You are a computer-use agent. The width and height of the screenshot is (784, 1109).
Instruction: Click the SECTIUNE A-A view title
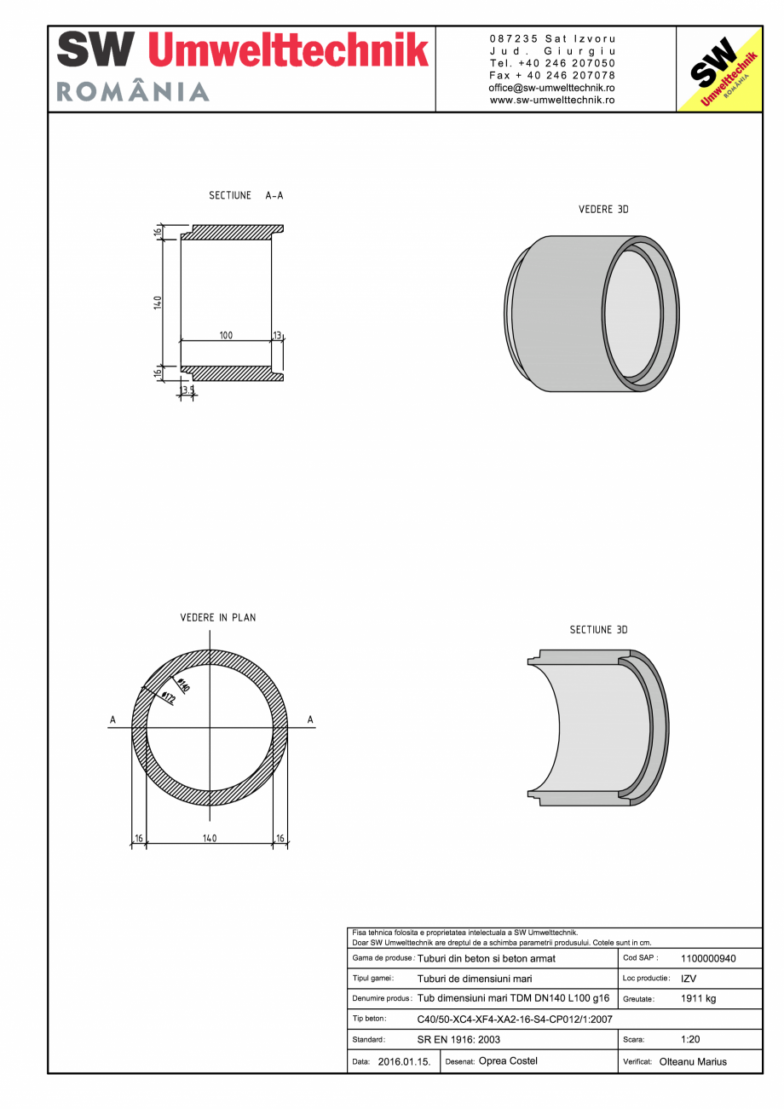(x=245, y=196)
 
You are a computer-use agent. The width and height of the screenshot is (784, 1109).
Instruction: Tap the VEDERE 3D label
(x=603, y=209)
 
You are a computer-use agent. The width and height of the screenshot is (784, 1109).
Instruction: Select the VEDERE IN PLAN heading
(x=217, y=617)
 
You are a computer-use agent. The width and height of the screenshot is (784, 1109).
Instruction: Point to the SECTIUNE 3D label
(x=598, y=630)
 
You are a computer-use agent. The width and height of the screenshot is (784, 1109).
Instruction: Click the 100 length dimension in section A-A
(x=226, y=336)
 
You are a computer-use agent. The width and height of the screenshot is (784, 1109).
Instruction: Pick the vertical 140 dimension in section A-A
(x=158, y=302)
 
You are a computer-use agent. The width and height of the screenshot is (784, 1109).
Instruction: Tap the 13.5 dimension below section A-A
(x=187, y=390)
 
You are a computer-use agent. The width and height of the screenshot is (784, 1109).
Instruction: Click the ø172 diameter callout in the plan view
(x=168, y=698)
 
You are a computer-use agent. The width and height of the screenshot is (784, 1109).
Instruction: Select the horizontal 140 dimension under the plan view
(x=210, y=838)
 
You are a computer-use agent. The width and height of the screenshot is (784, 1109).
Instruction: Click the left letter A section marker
(x=112, y=721)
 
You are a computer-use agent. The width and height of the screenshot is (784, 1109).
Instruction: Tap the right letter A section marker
(x=310, y=721)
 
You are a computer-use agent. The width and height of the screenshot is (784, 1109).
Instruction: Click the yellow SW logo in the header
(x=719, y=70)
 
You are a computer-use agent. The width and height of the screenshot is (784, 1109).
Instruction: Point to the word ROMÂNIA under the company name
(x=133, y=92)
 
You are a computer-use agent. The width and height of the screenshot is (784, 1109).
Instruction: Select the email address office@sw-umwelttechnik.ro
(x=552, y=88)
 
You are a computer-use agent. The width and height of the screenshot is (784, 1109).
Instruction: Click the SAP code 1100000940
(x=708, y=958)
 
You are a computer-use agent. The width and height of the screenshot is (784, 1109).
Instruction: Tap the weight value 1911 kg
(x=698, y=998)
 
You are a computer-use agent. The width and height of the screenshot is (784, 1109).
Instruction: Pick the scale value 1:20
(x=691, y=1039)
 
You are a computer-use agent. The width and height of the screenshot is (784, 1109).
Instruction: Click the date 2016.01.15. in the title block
(x=404, y=1062)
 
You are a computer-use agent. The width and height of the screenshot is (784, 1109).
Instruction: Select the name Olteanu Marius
(x=693, y=1061)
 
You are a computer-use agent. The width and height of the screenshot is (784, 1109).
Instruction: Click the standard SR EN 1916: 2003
(x=458, y=1039)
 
